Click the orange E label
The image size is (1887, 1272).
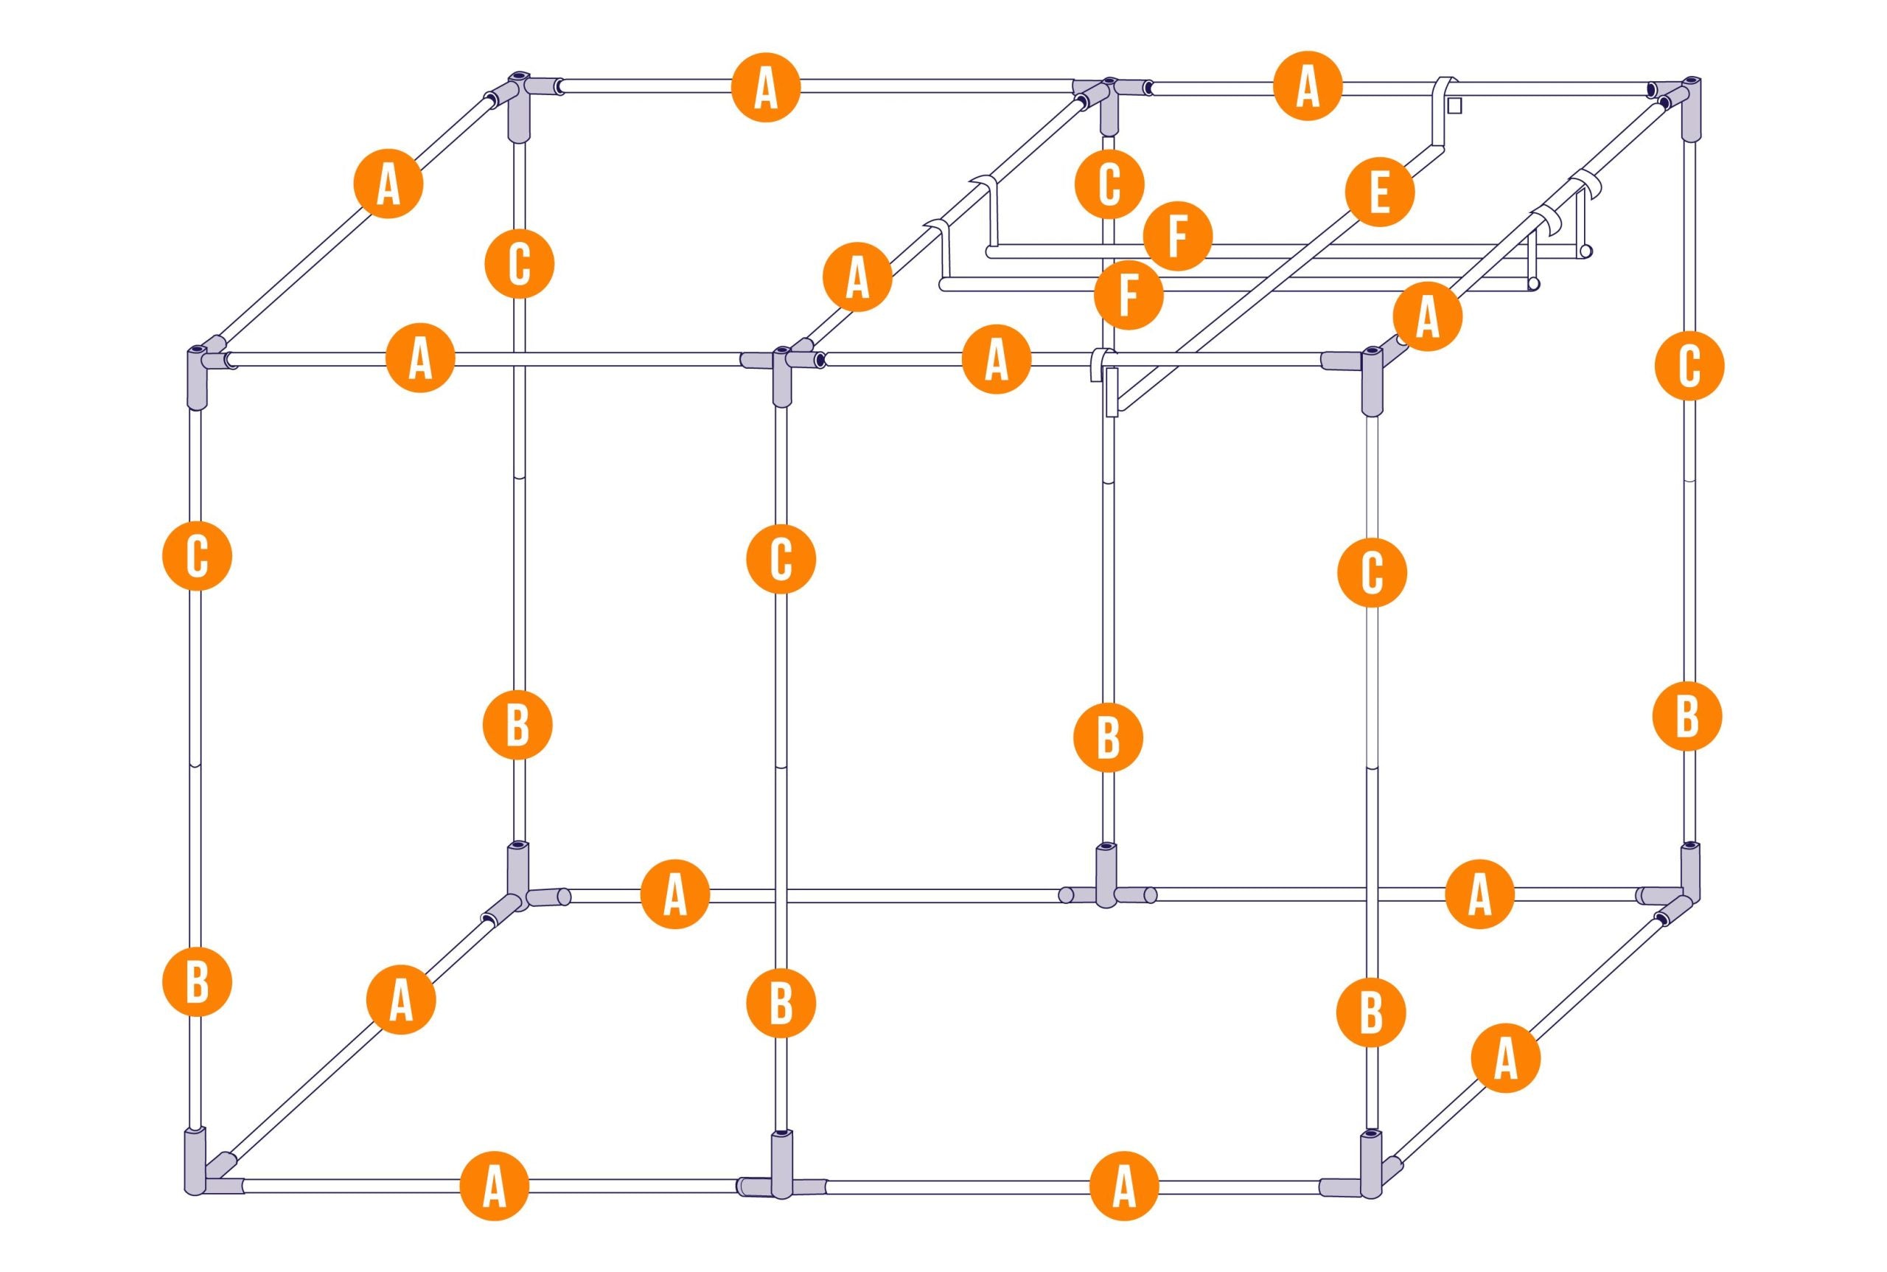coord(1378,193)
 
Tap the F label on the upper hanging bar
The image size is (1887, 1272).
coord(1177,236)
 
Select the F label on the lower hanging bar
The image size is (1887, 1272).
coord(1128,294)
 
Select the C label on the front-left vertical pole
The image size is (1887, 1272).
coord(197,557)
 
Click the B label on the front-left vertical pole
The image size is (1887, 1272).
coord(197,981)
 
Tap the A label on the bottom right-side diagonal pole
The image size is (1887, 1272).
coord(1506,1058)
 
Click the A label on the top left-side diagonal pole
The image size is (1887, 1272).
coord(388,184)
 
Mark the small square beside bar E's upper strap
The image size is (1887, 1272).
coord(1454,105)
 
